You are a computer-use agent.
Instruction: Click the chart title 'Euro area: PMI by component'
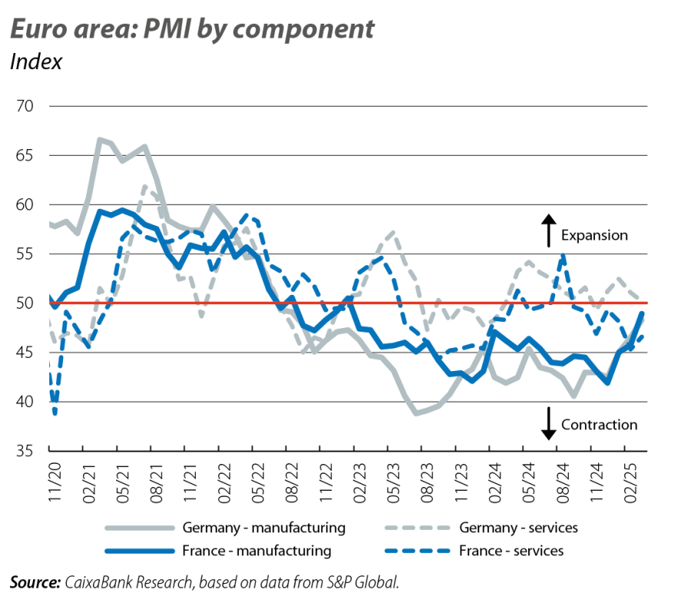191,29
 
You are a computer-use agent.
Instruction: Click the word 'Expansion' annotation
593,235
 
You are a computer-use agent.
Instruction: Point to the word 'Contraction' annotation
599,425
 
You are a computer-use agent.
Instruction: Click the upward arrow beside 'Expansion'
548,230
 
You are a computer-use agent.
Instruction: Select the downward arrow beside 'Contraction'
548,423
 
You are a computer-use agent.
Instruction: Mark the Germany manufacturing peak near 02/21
99,138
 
